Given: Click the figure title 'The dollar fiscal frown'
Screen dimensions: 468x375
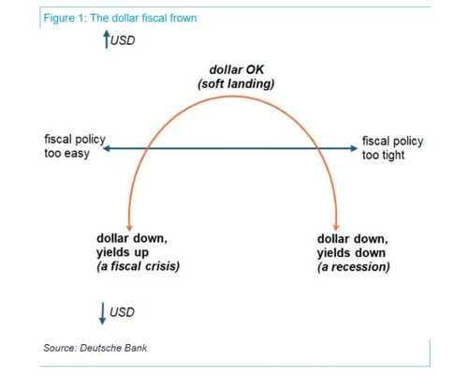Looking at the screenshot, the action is pyautogui.click(x=143, y=18).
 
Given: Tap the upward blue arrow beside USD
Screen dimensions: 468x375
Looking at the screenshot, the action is pyautogui.click(x=107, y=39).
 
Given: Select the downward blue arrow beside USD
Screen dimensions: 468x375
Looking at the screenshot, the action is pyautogui.click(x=102, y=313).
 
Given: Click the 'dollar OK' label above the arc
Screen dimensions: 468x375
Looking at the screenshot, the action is pyautogui.click(x=237, y=69).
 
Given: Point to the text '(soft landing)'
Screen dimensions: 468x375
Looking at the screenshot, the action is pyautogui.click(x=236, y=83).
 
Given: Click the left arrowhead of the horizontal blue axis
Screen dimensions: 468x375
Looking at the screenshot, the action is pyautogui.click(x=107, y=148).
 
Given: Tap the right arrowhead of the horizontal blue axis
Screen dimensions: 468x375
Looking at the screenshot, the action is pyautogui.click(x=354, y=148).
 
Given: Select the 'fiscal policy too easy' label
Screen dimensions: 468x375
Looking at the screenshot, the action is pyautogui.click(x=75, y=146).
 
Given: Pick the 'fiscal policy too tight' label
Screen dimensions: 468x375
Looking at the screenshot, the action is pyautogui.click(x=392, y=148).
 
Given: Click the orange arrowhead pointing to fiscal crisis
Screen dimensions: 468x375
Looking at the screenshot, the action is pyautogui.click(x=129, y=228).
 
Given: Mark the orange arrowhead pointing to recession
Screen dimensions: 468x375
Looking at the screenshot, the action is pyautogui.click(x=336, y=227).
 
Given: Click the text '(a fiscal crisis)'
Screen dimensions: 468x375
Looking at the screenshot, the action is pyautogui.click(x=139, y=266).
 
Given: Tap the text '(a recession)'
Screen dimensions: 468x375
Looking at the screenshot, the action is pyautogui.click(x=354, y=267).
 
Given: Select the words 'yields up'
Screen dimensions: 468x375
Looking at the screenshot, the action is pyautogui.click(x=123, y=252).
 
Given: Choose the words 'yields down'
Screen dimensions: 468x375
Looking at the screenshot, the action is pyautogui.click(x=351, y=253).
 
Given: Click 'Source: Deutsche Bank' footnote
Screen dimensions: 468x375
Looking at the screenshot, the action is pyautogui.click(x=95, y=348).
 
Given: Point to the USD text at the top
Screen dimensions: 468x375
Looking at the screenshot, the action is pyautogui.click(x=123, y=40).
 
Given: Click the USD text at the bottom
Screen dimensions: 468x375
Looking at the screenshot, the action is pyautogui.click(x=122, y=312).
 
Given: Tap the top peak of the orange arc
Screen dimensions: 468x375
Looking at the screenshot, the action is pyautogui.click(x=232, y=97).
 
